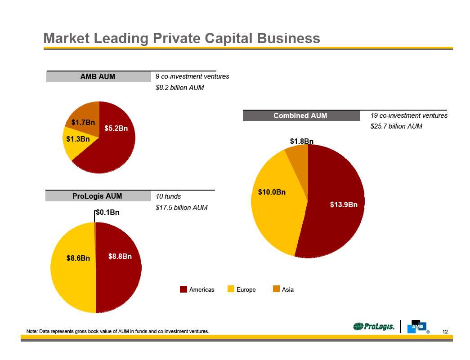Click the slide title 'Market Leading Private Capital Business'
182,39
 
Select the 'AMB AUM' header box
98,77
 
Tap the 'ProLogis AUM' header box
97,196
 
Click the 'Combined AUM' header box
300,116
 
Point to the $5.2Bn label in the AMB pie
116,129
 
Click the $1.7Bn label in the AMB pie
83,122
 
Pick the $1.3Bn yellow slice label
78,139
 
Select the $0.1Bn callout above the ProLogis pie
107,213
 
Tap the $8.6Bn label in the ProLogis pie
78,258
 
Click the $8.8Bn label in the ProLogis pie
120,257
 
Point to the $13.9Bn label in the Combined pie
344,205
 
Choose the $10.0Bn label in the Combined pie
272,192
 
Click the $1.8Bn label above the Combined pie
301,142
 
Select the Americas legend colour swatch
184,289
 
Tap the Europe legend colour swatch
231,289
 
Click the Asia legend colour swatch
276,289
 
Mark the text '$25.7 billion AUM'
396,127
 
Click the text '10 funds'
168,196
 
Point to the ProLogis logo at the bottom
374,327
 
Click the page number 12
445,332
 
